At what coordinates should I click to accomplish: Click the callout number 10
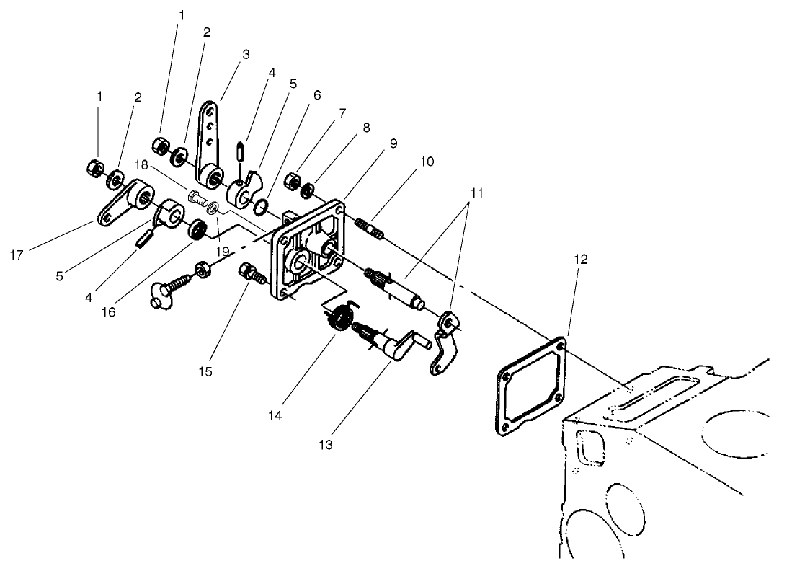[x=428, y=162]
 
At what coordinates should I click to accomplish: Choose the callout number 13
[x=326, y=445]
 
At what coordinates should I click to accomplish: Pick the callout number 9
[x=393, y=143]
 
